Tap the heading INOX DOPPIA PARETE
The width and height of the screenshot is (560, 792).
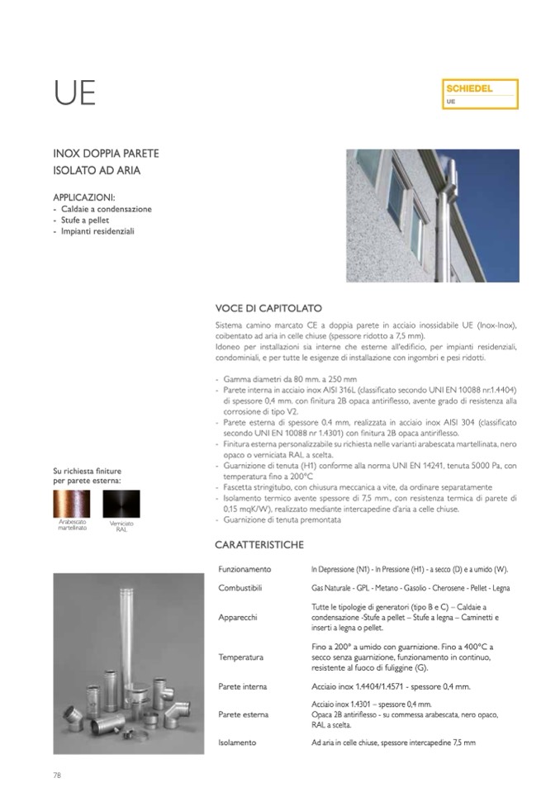pos(106,154)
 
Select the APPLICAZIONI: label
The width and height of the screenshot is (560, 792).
pos(83,198)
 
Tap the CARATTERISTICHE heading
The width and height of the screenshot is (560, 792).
pos(259,544)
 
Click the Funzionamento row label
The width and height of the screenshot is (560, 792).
pos(244,570)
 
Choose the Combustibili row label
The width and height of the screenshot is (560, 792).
pos(240,587)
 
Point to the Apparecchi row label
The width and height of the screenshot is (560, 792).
pos(238,617)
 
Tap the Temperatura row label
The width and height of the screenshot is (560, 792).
pos(241,657)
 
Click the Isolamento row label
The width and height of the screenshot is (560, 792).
pos(237,742)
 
